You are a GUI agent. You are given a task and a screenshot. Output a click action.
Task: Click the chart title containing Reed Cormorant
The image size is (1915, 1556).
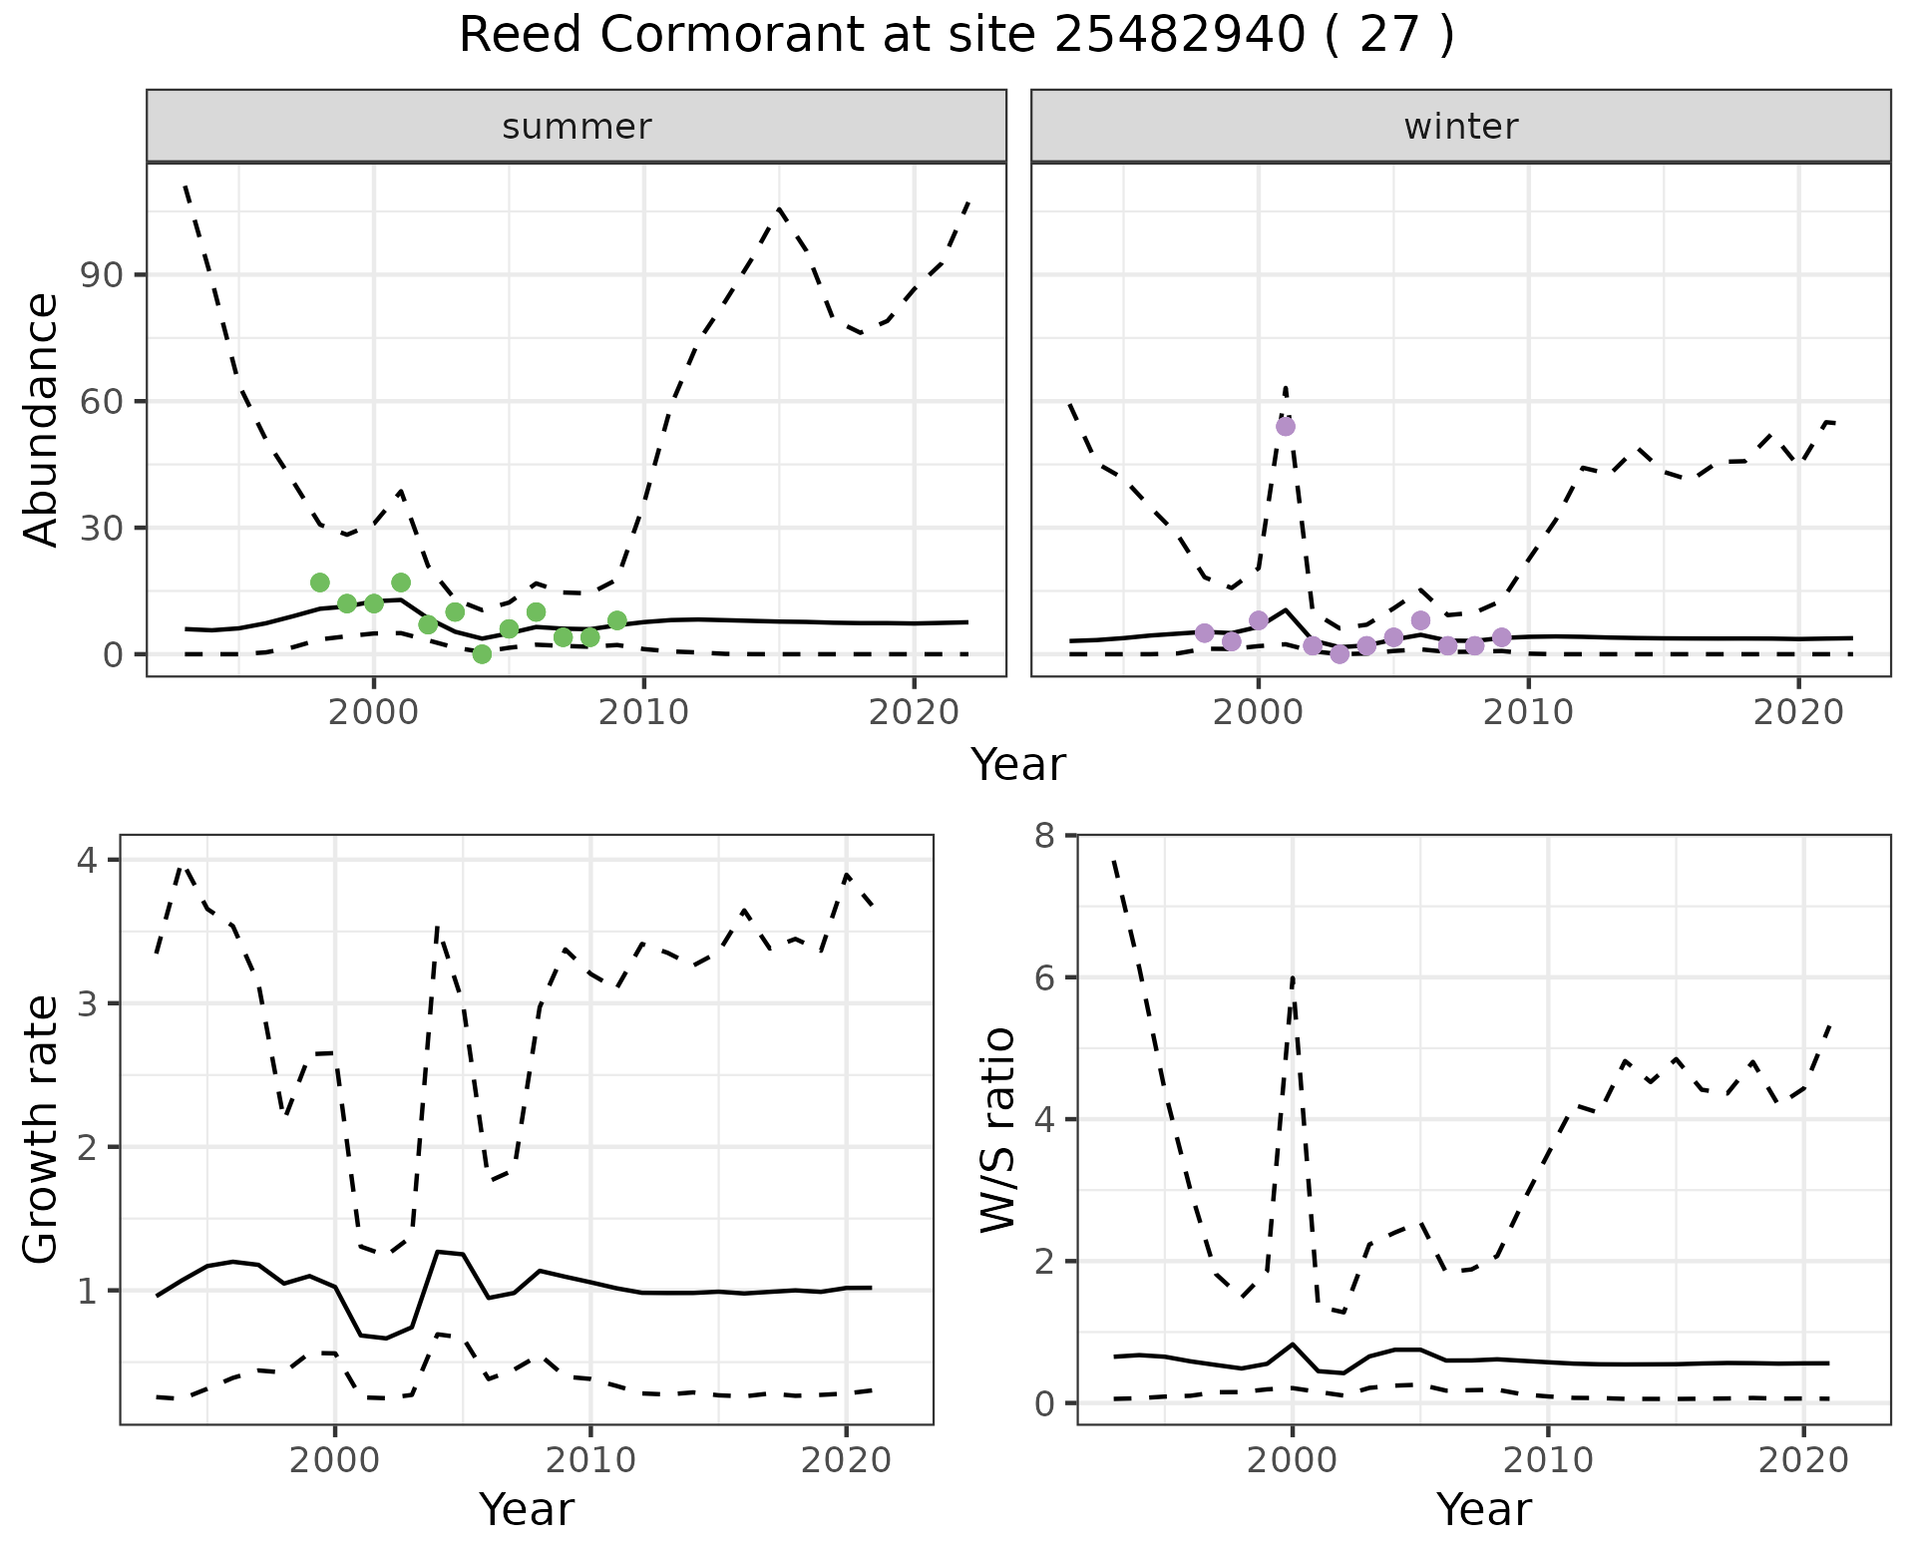[957, 37]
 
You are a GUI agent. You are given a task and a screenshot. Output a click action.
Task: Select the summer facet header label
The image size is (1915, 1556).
[576, 127]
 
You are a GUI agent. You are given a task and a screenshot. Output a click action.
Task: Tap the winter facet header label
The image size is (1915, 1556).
[1460, 127]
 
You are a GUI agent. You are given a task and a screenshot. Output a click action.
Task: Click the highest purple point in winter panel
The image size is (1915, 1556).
[1286, 426]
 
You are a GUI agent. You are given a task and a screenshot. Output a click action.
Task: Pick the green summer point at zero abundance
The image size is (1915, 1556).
[482, 654]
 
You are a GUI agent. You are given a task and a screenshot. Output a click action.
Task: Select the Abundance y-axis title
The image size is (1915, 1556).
[42, 420]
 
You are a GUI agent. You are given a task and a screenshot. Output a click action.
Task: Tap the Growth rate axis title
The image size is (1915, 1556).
[42, 1130]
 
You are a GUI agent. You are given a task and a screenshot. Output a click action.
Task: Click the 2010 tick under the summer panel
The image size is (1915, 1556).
[644, 712]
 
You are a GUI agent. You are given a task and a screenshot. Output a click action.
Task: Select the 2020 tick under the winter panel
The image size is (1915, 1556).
[1798, 712]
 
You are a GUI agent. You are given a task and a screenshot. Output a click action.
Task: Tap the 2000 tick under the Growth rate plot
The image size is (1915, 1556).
[335, 1461]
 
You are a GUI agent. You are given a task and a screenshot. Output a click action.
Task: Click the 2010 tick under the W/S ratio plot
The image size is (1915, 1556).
[1548, 1461]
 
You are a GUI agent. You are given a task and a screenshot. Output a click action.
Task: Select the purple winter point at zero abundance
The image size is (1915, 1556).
[1340, 654]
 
